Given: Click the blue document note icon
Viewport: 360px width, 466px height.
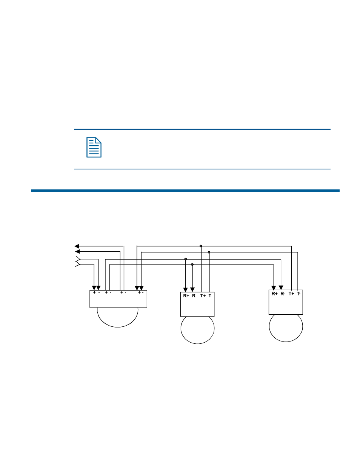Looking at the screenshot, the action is point(94,147).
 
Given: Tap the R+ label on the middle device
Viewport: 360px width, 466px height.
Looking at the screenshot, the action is point(186,296).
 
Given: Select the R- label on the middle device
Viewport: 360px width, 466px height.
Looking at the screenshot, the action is point(194,296).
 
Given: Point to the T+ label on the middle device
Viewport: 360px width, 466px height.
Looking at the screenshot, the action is point(203,296).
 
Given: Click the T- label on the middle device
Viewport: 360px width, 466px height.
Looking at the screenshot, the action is point(210,296).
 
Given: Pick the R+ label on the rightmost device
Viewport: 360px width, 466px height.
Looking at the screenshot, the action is point(274,294).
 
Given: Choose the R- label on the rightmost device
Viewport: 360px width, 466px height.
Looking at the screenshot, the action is point(283,294).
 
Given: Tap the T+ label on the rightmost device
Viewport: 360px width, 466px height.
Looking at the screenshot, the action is point(291,294).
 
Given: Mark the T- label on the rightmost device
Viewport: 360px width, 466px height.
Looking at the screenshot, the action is point(298,294).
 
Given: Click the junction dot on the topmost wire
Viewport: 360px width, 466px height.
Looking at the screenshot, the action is point(201,246).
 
